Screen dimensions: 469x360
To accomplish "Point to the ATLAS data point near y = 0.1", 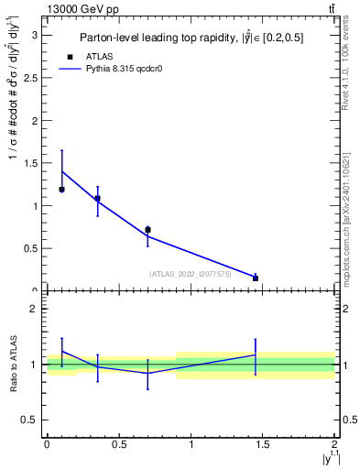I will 61,190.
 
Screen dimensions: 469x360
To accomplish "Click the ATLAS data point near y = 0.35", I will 97,198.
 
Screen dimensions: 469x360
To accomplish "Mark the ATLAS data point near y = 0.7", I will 147,230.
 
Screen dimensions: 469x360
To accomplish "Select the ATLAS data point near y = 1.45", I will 256,278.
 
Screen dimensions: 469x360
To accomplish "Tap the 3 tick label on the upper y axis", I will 35,35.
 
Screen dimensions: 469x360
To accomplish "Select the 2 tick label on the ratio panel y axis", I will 35,309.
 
